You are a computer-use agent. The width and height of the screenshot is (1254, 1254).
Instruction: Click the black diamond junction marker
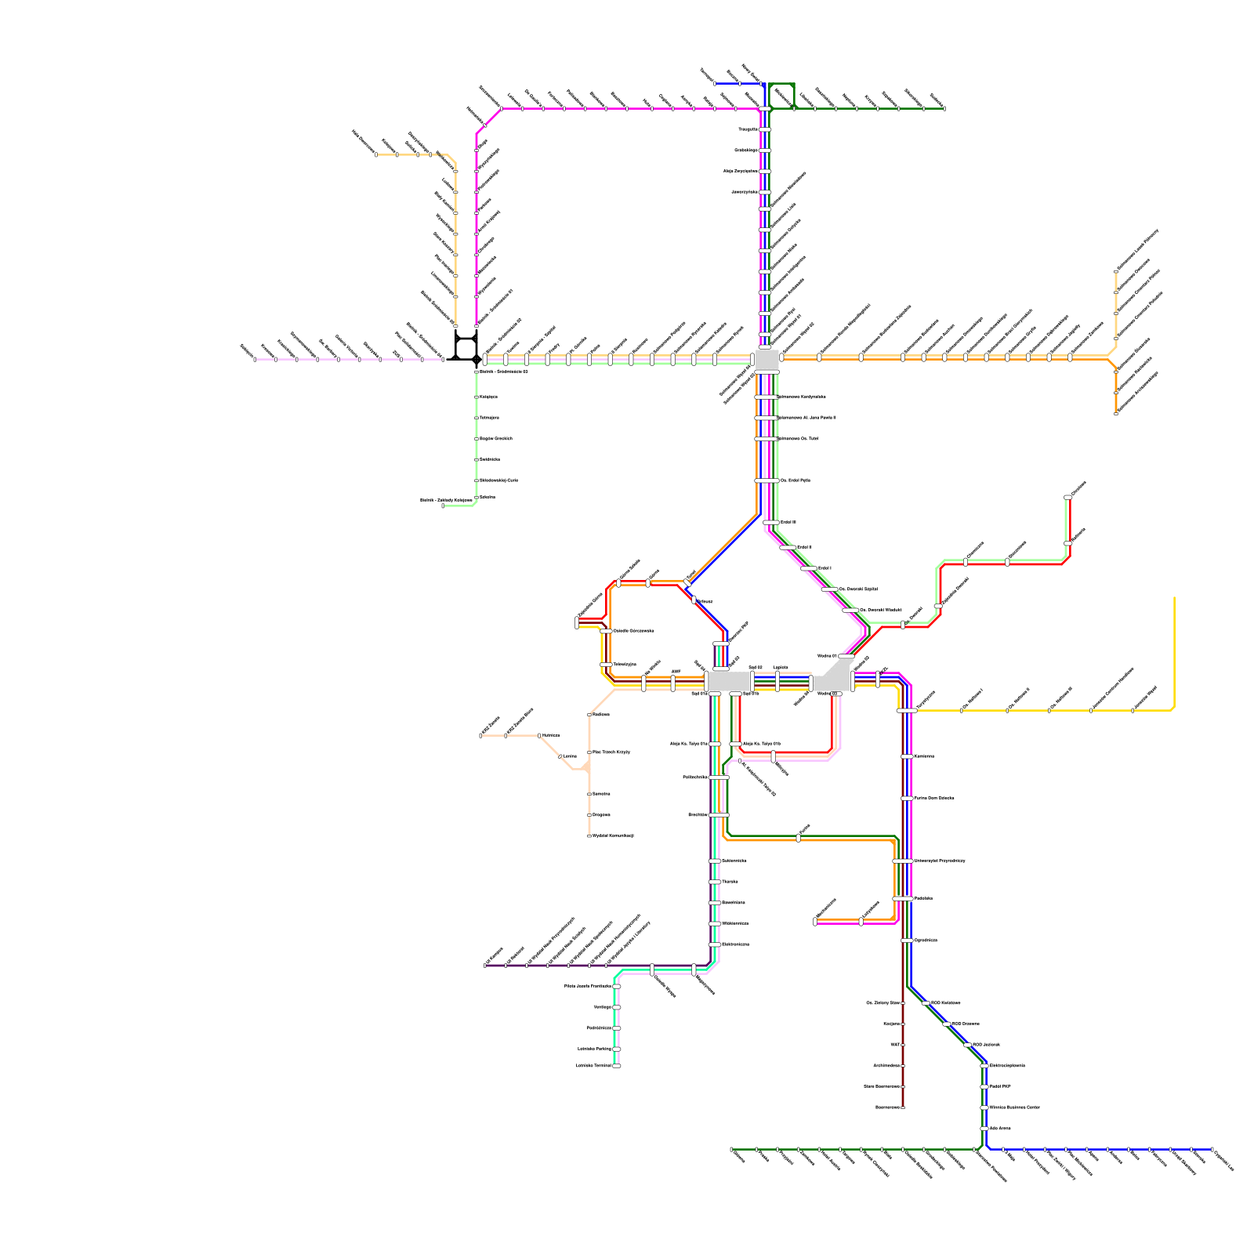click(477, 360)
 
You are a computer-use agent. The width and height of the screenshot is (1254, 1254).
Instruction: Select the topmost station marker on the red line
click(1067, 497)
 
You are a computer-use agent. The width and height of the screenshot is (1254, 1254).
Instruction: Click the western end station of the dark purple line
click(486, 965)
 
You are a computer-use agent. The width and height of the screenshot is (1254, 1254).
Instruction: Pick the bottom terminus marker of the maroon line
click(903, 1107)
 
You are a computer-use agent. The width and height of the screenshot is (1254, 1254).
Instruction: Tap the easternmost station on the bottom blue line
click(1212, 1149)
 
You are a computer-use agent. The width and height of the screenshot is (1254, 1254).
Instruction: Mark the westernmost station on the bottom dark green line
click(731, 1149)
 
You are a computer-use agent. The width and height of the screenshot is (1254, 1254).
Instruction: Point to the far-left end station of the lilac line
click(255, 359)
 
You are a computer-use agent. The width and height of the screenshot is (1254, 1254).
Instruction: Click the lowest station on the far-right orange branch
click(1116, 412)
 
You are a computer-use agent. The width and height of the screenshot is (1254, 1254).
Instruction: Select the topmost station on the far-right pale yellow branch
click(1116, 271)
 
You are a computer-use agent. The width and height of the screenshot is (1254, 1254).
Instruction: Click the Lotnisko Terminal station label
click(593, 1066)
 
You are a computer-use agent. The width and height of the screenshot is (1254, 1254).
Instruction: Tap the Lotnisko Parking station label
click(594, 1049)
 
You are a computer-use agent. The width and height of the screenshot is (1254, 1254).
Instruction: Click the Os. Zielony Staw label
click(883, 1002)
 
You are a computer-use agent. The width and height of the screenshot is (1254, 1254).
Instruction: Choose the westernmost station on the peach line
click(480, 735)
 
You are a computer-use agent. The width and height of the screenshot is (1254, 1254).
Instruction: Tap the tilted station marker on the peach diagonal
click(560, 756)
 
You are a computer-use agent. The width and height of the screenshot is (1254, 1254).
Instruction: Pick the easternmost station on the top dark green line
click(944, 108)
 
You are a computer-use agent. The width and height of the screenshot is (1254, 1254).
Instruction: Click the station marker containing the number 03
click(835, 694)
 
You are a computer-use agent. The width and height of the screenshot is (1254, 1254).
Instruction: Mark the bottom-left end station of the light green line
click(443, 506)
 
